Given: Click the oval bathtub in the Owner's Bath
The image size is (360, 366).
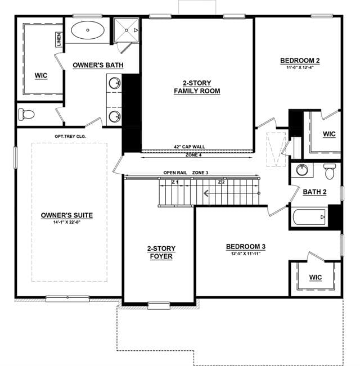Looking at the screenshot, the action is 88,30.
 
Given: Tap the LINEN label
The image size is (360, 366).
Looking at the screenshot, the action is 59,39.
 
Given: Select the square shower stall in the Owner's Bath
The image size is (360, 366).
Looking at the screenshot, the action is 127,30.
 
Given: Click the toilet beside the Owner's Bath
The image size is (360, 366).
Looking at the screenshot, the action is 26,114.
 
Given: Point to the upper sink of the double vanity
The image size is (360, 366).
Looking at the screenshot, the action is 115,83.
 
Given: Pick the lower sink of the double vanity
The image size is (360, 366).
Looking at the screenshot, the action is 115,116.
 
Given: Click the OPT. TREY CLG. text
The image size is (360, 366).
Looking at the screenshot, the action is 70,136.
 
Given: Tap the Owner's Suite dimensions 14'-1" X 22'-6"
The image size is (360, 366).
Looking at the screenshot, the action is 67,222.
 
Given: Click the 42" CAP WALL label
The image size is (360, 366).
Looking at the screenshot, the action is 190,147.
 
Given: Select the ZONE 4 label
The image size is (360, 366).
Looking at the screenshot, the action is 193,155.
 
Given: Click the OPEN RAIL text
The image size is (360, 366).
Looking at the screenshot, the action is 175,173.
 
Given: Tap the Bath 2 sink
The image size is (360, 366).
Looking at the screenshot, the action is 302,170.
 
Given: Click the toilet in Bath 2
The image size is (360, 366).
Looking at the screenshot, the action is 330,171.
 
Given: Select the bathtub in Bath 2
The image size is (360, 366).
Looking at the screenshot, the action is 309,217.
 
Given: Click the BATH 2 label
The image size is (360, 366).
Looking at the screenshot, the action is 314,192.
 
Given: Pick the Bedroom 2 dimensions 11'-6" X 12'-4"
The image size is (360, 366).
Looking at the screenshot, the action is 300,67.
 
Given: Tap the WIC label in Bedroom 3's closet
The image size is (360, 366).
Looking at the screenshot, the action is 316,277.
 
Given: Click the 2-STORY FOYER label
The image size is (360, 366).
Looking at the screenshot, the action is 161,252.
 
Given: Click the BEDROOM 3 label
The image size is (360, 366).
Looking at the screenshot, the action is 246,246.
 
